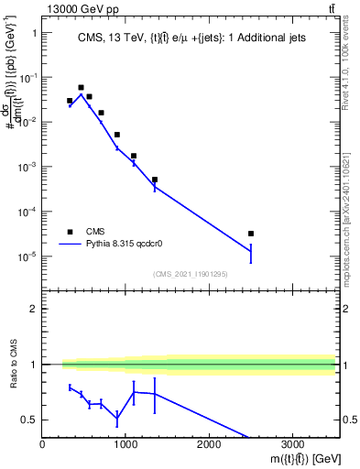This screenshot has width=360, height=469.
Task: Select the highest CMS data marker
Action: coord(81,88)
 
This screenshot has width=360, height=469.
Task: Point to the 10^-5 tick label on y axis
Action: coord(27,256)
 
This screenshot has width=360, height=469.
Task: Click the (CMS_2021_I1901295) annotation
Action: coord(190,274)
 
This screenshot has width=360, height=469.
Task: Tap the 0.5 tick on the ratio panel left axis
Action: coord(30,420)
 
